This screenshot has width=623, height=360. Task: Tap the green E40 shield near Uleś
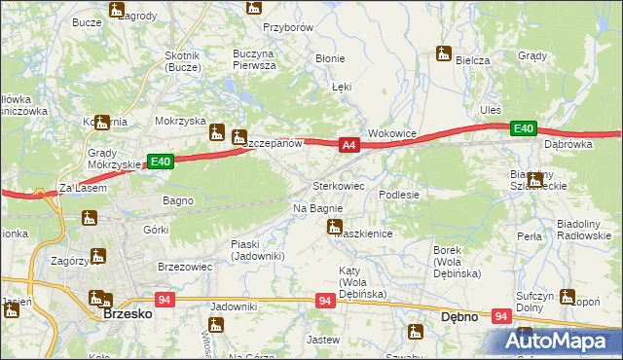pos(524,128)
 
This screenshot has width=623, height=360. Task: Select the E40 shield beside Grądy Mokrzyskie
pos(161,162)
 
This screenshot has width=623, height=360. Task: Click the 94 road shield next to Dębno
pos(501,316)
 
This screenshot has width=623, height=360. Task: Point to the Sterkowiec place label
pos(338,185)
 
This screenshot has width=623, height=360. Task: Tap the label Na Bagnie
pos(317,208)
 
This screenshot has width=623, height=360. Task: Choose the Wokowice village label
pos(392,132)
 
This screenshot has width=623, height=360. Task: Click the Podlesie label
pos(399,195)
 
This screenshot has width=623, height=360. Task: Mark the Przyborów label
pos(288,28)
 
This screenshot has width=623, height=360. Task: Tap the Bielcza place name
pos(472,60)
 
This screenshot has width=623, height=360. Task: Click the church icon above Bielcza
pos(445,54)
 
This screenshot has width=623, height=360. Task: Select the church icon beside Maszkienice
pos(333,229)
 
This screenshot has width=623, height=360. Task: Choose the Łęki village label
pos(341,87)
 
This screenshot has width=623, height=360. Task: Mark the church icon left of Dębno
pos(416,332)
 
